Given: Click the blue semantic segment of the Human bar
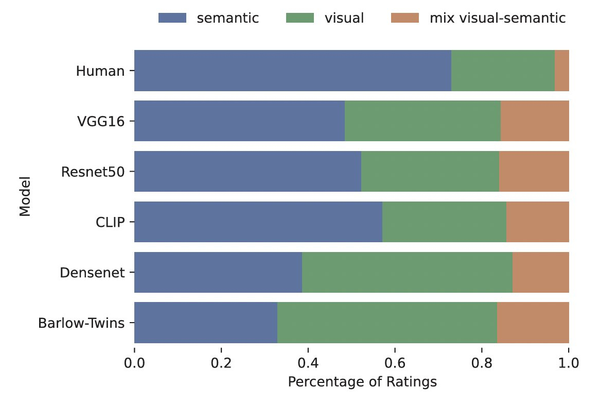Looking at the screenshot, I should click(292, 71).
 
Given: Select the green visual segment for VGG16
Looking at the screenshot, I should click(422, 121).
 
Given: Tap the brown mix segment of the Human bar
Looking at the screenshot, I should click(561, 71).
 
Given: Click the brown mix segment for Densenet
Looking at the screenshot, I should click(540, 272).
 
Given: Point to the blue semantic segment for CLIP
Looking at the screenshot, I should click(258, 222).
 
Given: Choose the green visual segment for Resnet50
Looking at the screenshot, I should click(430, 172).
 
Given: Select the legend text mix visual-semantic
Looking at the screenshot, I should click(498, 19).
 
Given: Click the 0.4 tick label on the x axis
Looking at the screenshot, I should click(308, 362).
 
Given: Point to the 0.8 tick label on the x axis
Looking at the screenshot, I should click(482, 362).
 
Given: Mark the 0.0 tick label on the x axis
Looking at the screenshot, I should click(134, 362).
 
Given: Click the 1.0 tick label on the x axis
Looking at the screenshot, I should click(569, 362).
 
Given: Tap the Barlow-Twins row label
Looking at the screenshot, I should click(81, 323).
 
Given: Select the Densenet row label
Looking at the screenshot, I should click(93, 273).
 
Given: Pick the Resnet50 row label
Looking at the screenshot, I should click(93, 172).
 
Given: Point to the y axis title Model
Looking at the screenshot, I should click(24, 197).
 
